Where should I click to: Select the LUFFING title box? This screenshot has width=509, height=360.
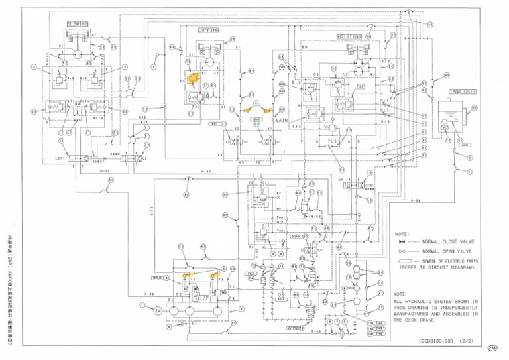tap(208, 30)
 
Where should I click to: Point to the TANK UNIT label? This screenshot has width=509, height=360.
tap(444, 91)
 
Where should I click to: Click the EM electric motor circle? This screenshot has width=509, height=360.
tap(158, 310)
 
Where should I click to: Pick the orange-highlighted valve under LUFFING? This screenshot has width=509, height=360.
tap(194, 78)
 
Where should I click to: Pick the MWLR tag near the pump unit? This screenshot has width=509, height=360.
tap(159, 277)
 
